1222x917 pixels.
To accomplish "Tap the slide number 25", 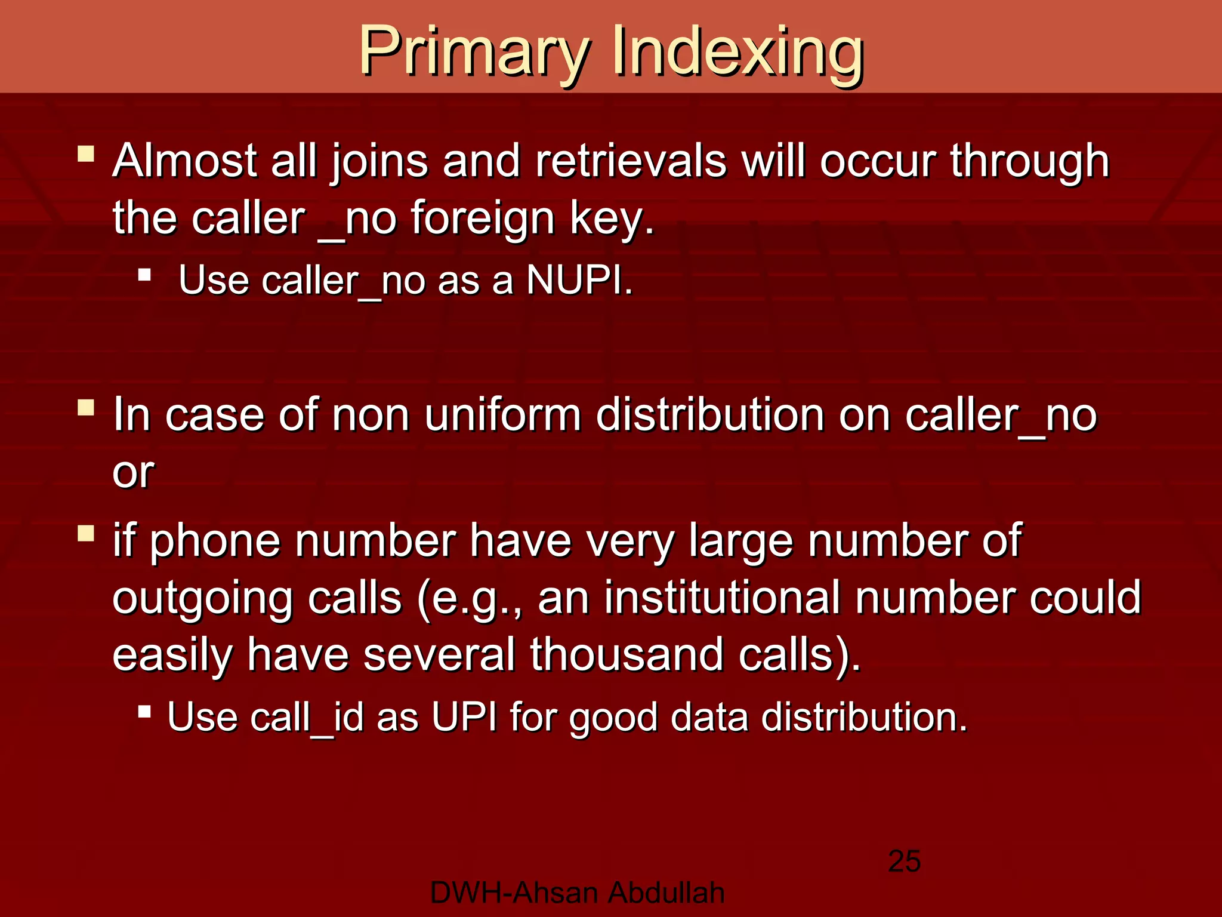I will pyautogui.click(x=904, y=861).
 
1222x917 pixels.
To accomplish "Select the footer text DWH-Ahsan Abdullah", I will pyautogui.click(x=577, y=893).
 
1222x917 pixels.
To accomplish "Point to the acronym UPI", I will pyautogui.click(x=464, y=716).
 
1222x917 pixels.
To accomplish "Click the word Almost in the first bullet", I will pyautogui.click(x=184, y=161).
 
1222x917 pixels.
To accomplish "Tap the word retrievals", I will pyautogui.click(x=631, y=161).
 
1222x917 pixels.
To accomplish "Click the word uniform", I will pyautogui.click(x=502, y=414).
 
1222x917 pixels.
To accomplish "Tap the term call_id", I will pyautogui.click(x=307, y=716).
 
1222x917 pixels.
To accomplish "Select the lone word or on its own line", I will pyautogui.click(x=133, y=472).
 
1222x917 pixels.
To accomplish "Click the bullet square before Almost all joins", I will pyautogui.click(x=86, y=154).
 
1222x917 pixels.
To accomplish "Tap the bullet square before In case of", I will pyautogui.click(x=86, y=408).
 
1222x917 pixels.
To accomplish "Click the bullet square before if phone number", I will pyautogui.click(x=86, y=533).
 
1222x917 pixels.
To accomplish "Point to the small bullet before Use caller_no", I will pyautogui.click(x=144, y=275).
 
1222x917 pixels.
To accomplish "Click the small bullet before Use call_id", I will pyautogui.click(x=144, y=711).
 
